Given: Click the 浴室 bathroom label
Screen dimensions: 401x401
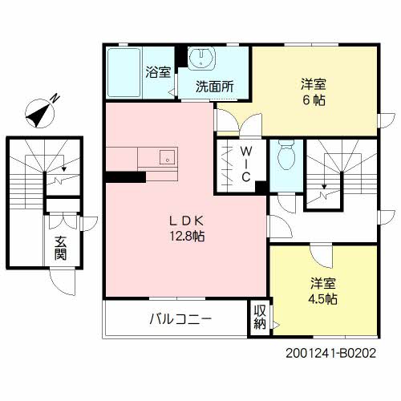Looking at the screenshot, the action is pyautogui.click(x=158, y=72).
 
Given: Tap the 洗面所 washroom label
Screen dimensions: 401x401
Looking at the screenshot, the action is pyautogui.click(x=215, y=87).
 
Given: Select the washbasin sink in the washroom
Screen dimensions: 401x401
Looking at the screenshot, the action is pyautogui.click(x=200, y=59).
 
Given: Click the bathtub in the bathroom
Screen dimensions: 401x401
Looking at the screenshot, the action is pyautogui.click(x=124, y=73).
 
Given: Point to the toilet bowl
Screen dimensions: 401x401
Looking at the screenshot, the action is pyautogui.click(x=286, y=156).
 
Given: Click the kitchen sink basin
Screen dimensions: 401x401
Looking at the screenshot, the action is pyautogui.click(x=167, y=156).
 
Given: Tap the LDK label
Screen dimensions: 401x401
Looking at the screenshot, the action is pyautogui.click(x=187, y=221).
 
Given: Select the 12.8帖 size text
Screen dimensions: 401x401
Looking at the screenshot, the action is pyautogui.click(x=188, y=237).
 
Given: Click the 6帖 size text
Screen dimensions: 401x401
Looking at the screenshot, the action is pyautogui.click(x=314, y=100).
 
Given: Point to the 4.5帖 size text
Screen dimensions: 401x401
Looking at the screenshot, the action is pyautogui.click(x=322, y=299).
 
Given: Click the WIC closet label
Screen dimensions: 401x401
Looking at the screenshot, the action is pyautogui.click(x=246, y=164).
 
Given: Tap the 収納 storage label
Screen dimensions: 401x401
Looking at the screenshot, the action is pyautogui.click(x=260, y=318).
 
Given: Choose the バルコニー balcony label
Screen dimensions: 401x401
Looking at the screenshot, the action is pyautogui.click(x=180, y=319).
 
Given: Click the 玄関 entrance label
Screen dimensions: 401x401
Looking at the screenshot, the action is pyautogui.click(x=60, y=248).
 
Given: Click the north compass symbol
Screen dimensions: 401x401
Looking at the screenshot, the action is pyautogui.click(x=39, y=113).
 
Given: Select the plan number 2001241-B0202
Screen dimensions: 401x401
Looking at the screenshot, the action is pyautogui.click(x=331, y=353).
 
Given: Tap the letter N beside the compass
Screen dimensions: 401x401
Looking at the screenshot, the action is pyautogui.click(x=55, y=98).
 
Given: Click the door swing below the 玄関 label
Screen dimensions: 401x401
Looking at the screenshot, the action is pyautogui.click(x=63, y=282).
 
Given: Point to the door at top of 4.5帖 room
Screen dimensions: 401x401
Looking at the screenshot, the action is pyautogui.click(x=322, y=256).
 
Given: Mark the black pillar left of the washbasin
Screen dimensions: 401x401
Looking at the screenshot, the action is pyautogui.click(x=181, y=56).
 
